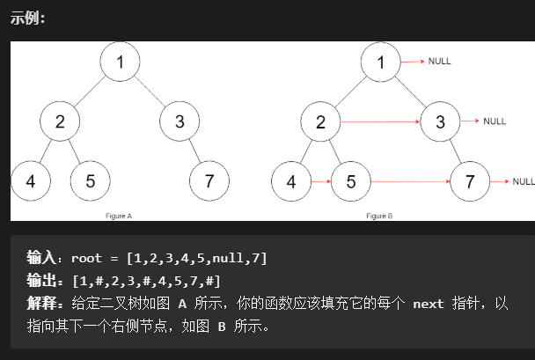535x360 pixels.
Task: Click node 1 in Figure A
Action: point(121,62)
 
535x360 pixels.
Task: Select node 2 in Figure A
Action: point(61,121)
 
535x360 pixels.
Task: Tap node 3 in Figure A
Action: point(180,121)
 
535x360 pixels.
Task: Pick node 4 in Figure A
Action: point(31,182)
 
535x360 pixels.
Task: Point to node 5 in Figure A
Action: point(91,182)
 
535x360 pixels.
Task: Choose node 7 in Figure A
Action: point(209,182)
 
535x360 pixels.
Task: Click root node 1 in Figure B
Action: point(381,62)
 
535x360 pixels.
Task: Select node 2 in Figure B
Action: point(321,121)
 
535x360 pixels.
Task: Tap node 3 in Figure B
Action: point(440,121)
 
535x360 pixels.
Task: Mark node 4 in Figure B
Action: point(291,182)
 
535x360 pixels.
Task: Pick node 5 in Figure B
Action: point(351,182)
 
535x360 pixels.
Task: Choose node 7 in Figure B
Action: point(470,182)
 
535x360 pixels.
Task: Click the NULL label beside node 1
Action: point(439,62)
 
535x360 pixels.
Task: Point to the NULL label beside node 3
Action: point(495,121)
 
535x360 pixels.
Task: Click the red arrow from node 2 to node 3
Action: point(380,121)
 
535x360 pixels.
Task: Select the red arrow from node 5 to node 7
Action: point(410,182)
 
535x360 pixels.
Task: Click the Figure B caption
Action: point(379,214)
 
